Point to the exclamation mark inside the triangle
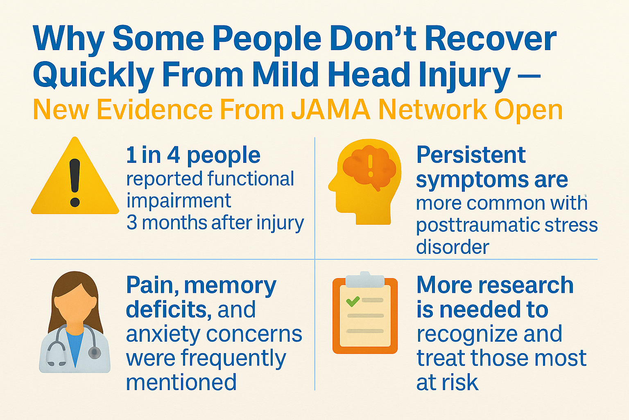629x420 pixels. click(x=75, y=183)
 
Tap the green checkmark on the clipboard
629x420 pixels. click(x=353, y=301)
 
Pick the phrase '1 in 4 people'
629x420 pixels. click(x=193, y=155)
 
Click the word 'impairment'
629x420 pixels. click(x=179, y=201)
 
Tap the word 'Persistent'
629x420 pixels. click(x=471, y=155)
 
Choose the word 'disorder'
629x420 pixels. click(x=453, y=247)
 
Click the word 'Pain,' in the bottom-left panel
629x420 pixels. click(x=152, y=285)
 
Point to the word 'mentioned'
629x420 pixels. click(x=181, y=382)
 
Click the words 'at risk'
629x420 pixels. click(x=447, y=383)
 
